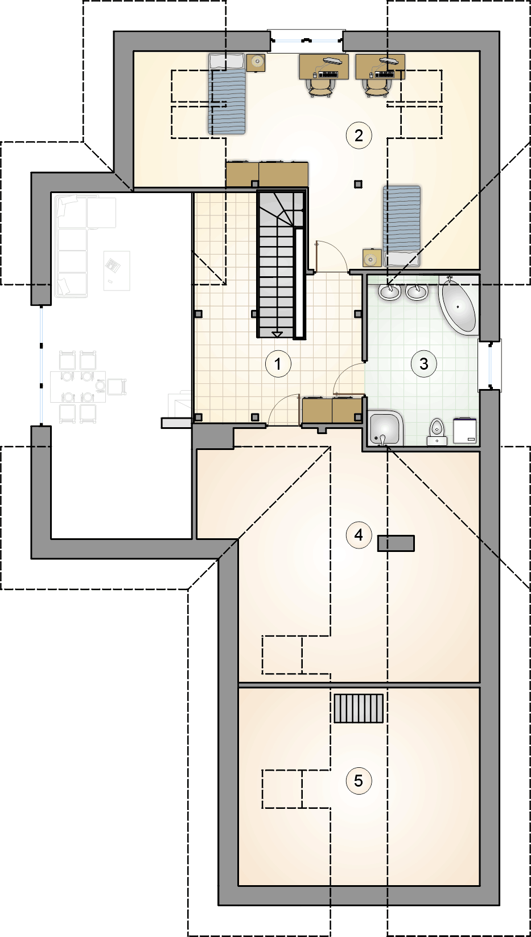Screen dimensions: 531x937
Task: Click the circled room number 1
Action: [x=278, y=364]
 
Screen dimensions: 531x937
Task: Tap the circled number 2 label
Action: [x=359, y=136]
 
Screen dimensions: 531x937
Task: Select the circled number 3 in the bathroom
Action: [x=423, y=364]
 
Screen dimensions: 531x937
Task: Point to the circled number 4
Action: [x=359, y=535]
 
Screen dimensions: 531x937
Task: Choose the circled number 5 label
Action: [x=359, y=781]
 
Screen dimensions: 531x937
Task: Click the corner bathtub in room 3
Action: [x=458, y=306]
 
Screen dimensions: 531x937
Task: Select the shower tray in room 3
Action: [x=386, y=429]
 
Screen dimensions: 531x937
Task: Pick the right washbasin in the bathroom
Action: [x=416, y=292]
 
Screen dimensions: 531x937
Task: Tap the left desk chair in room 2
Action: [x=320, y=88]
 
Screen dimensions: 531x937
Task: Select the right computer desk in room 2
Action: [x=380, y=67]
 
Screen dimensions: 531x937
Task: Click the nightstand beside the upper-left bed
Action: [x=256, y=63]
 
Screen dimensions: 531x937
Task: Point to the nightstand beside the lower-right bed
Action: [x=372, y=258]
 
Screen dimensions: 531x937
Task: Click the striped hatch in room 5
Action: [x=359, y=708]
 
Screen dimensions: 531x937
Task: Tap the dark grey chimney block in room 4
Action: [x=396, y=543]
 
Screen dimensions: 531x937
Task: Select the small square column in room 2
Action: [x=358, y=184]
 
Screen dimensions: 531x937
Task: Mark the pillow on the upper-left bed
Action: [x=226, y=62]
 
